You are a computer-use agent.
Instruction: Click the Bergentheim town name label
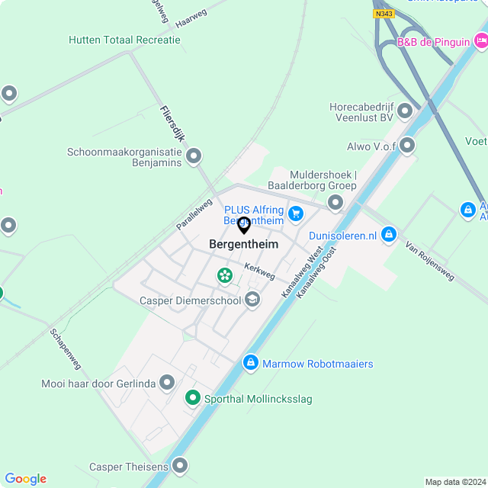243,244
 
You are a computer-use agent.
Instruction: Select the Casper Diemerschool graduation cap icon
252,300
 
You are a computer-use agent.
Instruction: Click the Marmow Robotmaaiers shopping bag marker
250,364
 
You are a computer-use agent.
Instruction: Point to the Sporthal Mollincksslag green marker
194,398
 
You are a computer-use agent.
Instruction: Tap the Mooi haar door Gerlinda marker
167,383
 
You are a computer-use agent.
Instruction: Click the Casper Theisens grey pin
180,465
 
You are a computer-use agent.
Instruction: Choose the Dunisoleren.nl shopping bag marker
389,234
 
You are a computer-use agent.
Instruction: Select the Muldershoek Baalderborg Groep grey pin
335,202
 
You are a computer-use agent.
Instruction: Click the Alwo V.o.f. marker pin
408,145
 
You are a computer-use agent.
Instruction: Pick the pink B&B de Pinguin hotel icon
480,42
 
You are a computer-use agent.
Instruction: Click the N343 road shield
384,14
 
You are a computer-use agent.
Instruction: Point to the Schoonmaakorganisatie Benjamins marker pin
194,157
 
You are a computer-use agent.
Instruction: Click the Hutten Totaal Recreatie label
124,40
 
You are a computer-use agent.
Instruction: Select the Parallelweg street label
194,214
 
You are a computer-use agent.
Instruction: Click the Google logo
25,479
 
